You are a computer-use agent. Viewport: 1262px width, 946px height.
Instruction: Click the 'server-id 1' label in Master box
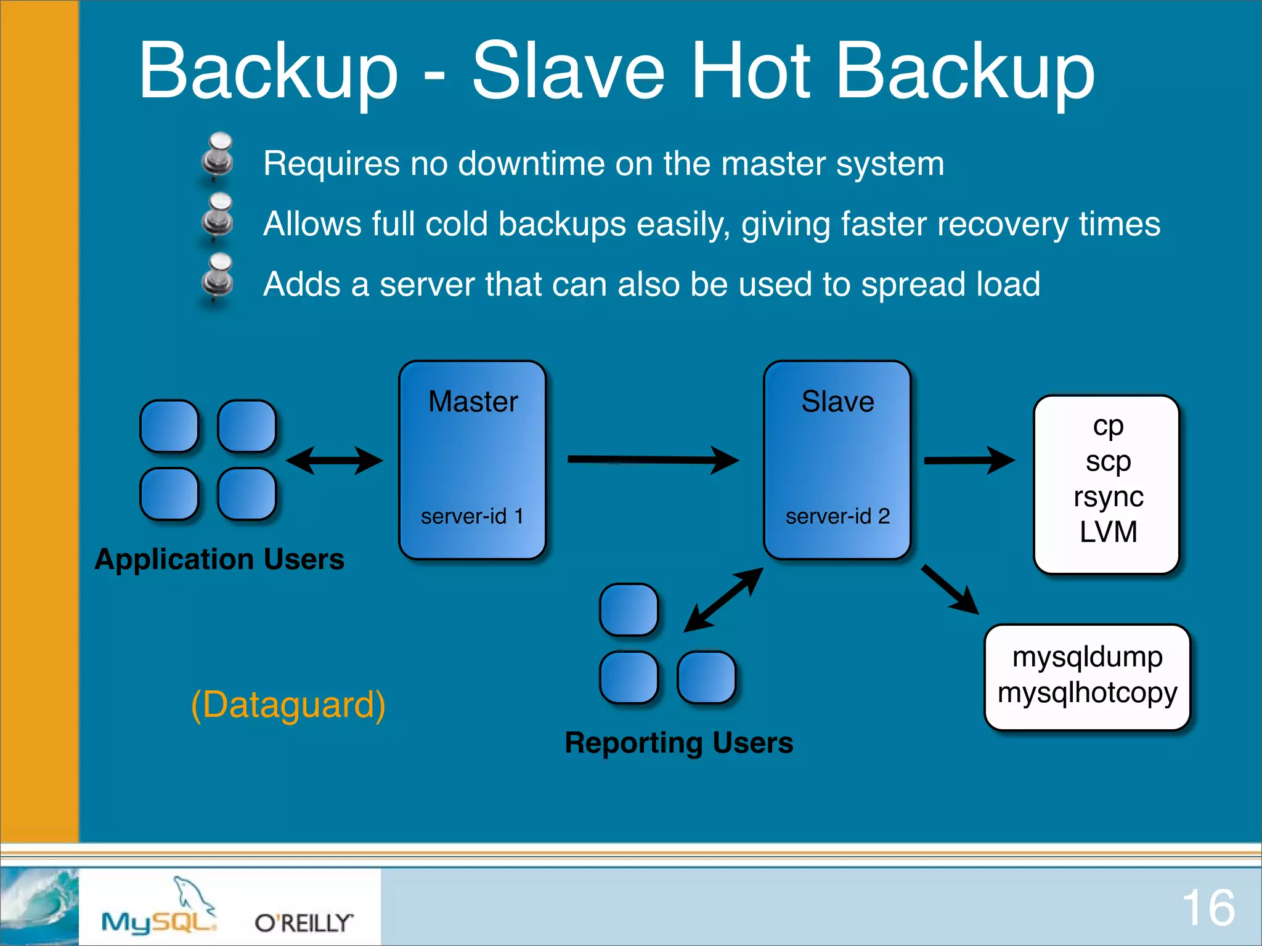pyautogui.click(x=472, y=516)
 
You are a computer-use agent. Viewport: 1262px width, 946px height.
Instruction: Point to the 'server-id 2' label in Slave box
pyautogui.click(x=837, y=516)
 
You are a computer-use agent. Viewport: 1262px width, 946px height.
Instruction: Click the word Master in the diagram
pyautogui.click(x=473, y=402)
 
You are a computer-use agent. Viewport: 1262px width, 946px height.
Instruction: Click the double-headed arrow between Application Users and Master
pyautogui.click(x=334, y=461)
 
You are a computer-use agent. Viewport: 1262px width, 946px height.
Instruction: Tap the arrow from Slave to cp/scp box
pyautogui.click(x=969, y=460)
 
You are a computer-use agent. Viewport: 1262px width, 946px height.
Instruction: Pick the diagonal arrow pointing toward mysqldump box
pyautogui.click(x=950, y=589)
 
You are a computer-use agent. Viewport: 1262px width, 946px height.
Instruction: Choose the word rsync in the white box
pyautogui.click(x=1108, y=496)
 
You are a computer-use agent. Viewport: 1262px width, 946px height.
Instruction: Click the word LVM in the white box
pyautogui.click(x=1108, y=532)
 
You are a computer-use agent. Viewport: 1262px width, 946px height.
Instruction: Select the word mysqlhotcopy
pyautogui.click(x=1087, y=692)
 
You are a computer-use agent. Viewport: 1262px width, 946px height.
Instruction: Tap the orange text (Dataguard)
pyautogui.click(x=288, y=705)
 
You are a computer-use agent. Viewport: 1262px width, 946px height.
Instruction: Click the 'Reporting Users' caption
pyautogui.click(x=679, y=743)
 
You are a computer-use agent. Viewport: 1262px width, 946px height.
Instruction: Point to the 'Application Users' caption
pyautogui.click(x=219, y=559)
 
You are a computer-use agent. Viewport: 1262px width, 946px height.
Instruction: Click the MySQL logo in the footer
pyautogui.click(x=159, y=911)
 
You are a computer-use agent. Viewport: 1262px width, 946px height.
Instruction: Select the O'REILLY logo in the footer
pyautogui.click(x=304, y=923)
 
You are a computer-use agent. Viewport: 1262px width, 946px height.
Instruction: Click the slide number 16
pyautogui.click(x=1208, y=908)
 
